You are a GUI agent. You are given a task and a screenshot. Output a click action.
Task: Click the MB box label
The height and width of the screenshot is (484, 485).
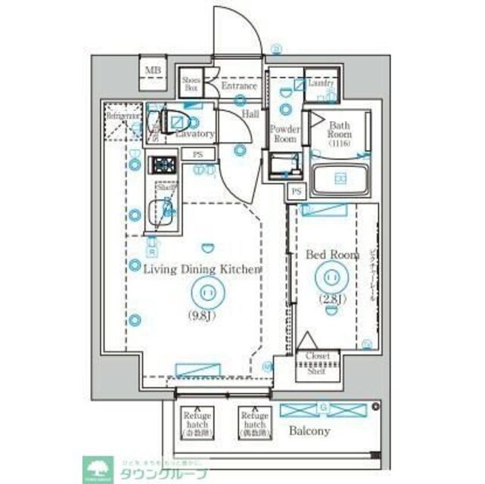coord(153,71)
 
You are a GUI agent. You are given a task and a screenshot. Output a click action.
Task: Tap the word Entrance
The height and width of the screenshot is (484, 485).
coord(238,86)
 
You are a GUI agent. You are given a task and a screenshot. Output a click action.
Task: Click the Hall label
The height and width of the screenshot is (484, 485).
coord(250,113)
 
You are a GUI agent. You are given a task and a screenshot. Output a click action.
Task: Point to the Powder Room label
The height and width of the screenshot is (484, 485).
coord(284,134)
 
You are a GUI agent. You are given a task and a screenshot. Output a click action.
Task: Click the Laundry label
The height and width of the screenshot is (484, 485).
coord(322,83)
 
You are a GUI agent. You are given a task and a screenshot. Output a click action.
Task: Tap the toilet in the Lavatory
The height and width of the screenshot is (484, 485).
coord(175,121)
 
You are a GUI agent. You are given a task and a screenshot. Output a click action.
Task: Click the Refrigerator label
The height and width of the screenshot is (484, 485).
coord(122,116)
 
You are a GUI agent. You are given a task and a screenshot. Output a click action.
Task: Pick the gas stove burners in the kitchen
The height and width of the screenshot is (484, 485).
coord(161,164)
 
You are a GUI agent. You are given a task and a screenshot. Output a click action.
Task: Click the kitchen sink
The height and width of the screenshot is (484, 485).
coord(160,209)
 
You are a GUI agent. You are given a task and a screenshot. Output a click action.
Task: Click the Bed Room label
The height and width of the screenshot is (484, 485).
coord(331,255)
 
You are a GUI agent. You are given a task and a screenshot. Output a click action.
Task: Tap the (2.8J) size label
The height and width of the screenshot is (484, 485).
coord(332,299)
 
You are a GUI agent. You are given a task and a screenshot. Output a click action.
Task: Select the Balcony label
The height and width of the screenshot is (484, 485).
coord(309,431)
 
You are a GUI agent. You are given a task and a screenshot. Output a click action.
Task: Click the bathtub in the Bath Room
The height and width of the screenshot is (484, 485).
coord(340,180)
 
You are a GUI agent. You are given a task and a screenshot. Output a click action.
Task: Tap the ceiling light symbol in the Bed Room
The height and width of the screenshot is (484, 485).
coord(332,276)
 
